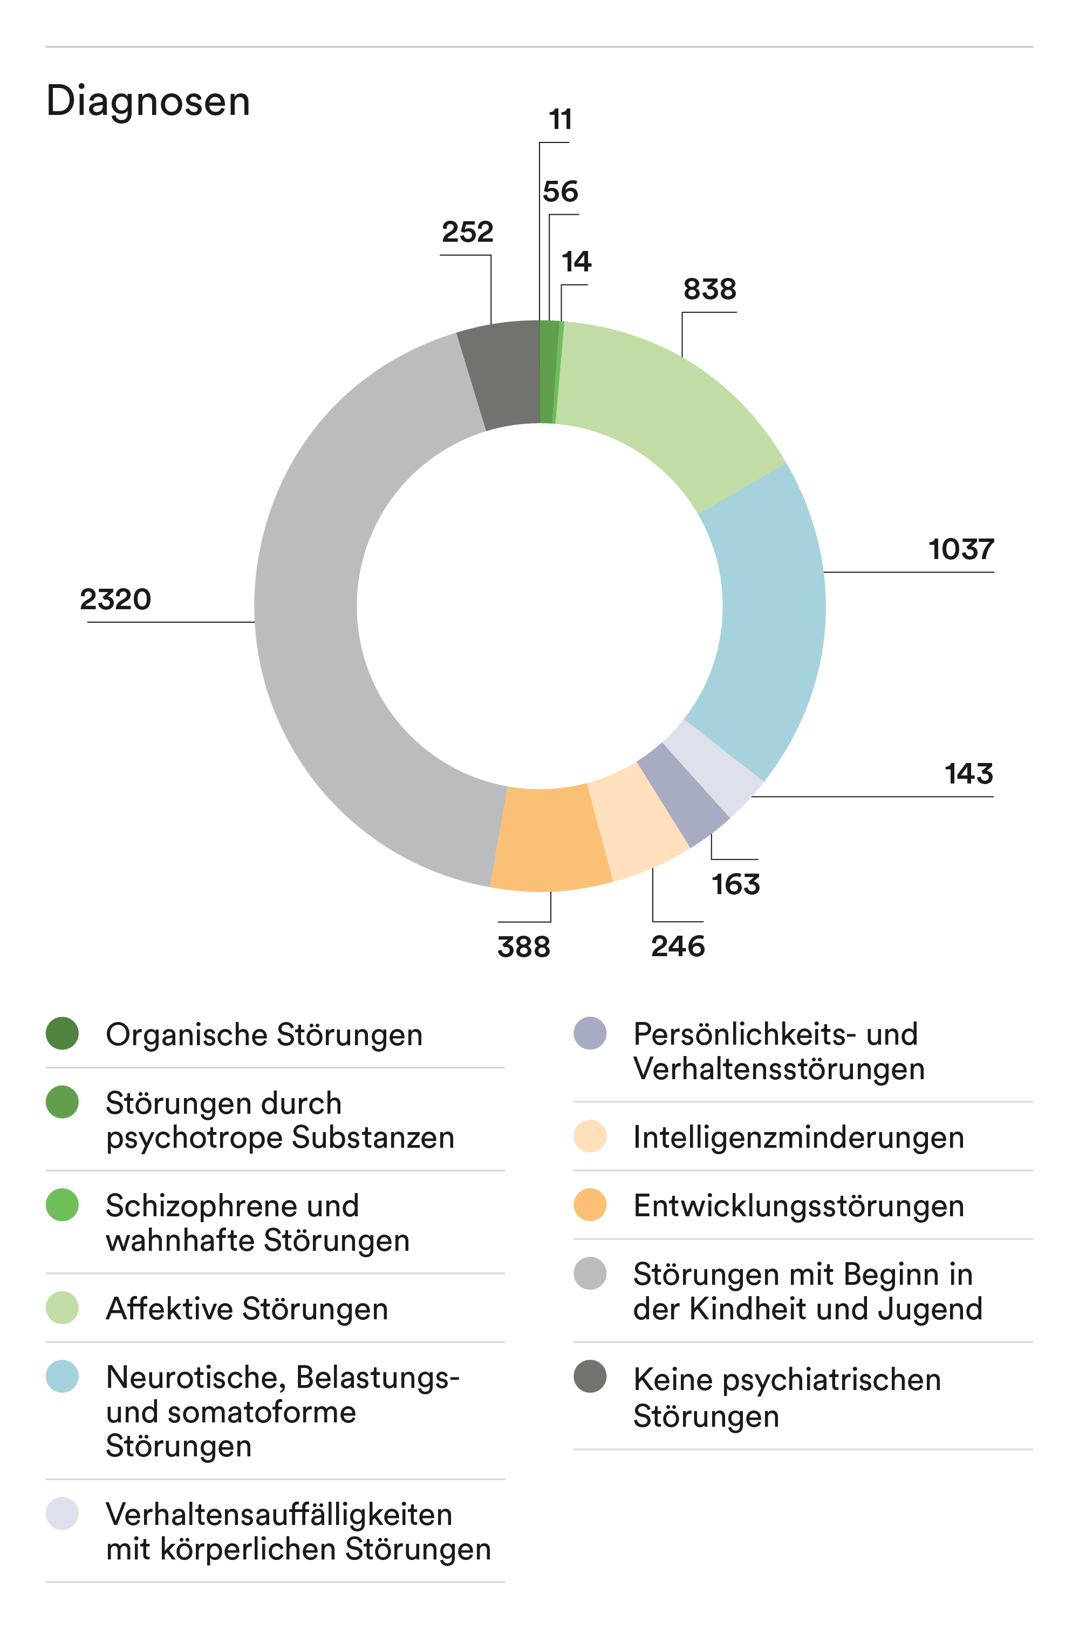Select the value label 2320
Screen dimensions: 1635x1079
tap(115, 599)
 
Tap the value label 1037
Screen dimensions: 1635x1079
tap(961, 550)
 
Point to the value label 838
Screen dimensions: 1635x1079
tap(709, 290)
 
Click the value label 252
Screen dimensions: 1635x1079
tap(467, 232)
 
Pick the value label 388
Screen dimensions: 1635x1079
tap(524, 947)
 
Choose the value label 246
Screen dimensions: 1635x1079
tap(678, 947)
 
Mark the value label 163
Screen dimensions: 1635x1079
tap(736, 885)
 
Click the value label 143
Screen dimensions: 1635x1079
tap(968, 774)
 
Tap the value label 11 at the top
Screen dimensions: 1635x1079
tap(560, 120)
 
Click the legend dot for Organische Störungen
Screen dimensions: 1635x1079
tap(62, 1033)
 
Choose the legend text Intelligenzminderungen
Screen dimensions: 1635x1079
tap(798, 1137)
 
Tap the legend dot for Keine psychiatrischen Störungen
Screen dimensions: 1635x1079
tap(590, 1377)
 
